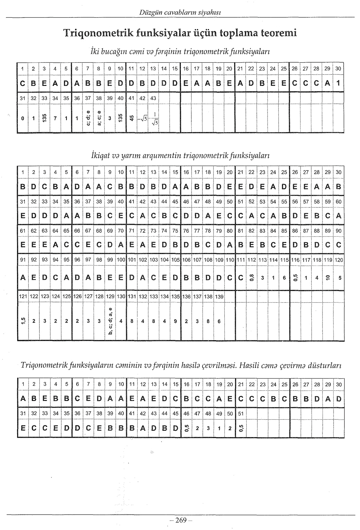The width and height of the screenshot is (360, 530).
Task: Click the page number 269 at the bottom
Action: coord(181,520)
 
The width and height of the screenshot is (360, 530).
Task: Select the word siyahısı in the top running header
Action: coord(210,13)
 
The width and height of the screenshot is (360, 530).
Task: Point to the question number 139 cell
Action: coord(219,296)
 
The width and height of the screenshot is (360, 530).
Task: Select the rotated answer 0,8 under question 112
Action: coord(251,278)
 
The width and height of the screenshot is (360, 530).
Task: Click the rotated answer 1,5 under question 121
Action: coord(22,322)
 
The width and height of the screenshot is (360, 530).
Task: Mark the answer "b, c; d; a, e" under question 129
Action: coord(110,322)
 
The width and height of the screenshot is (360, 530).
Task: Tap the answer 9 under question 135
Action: coord(175,322)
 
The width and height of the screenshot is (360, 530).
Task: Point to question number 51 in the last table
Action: coord(240,413)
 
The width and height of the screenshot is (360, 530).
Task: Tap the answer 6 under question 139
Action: coord(219,322)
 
